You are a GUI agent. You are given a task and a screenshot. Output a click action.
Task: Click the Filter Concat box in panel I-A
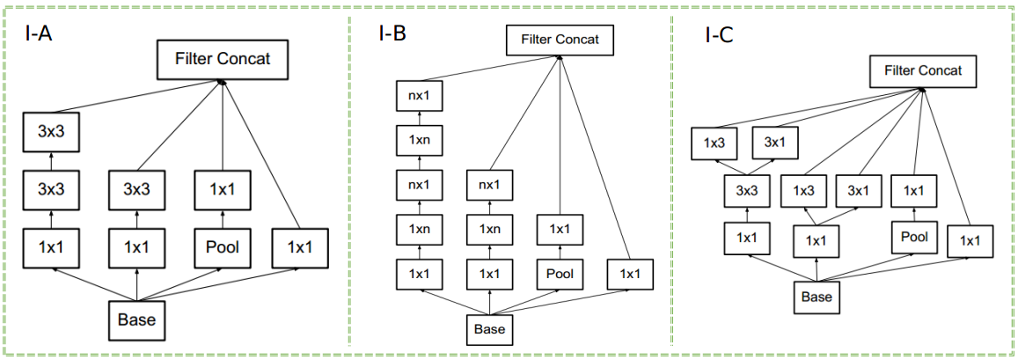pyautogui.click(x=223, y=60)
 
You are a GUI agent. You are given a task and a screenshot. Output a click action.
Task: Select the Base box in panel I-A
pyautogui.click(x=135, y=319)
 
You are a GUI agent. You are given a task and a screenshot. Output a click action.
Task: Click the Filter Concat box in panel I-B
pyautogui.click(x=560, y=39)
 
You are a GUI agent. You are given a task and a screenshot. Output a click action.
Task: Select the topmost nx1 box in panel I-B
pyautogui.click(x=417, y=95)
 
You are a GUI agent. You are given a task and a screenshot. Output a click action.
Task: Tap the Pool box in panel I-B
pyautogui.click(x=560, y=273)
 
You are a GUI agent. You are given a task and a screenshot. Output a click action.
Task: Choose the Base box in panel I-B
pyautogui.click(x=489, y=328)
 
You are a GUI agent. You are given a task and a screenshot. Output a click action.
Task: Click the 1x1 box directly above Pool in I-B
pyautogui.click(x=560, y=229)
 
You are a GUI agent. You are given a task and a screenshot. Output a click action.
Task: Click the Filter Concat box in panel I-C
pyautogui.click(x=922, y=71)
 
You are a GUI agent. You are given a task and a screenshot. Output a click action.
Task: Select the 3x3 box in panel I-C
pyautogui.click(x=746, y=190)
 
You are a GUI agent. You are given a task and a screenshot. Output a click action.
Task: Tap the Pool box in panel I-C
pyautogui.click(x=914, y=237)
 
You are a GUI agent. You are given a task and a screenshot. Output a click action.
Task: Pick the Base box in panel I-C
pyautogui.click(x=817, y=297)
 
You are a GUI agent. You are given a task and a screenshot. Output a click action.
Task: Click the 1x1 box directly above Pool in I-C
pyautogui.click(x=914, y=190)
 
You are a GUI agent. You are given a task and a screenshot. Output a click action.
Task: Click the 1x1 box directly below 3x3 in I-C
pyautogui.click(x=746, y=237)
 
